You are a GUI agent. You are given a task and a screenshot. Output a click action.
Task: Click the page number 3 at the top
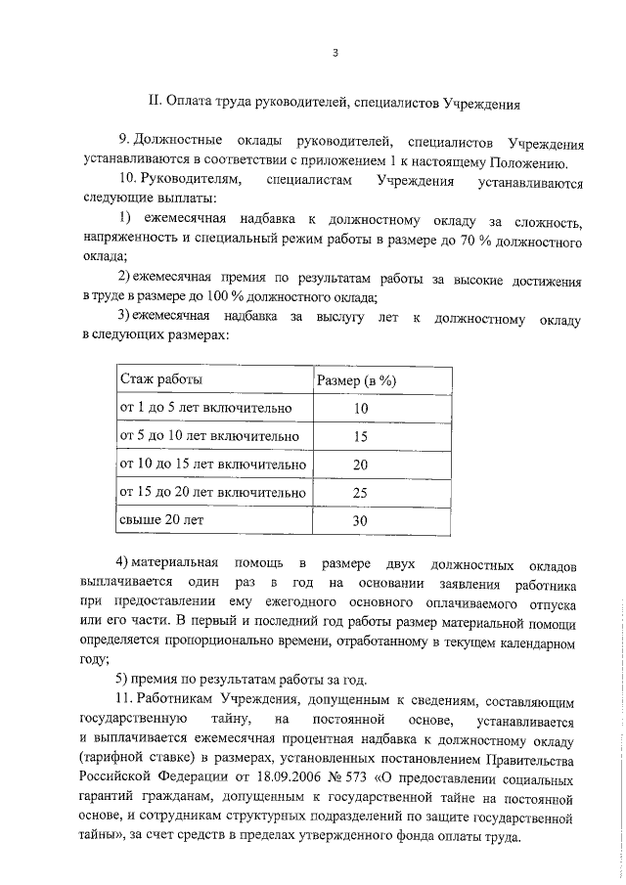[x=334, y=54]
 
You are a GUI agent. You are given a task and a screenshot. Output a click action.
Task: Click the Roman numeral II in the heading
[x=153, y=101]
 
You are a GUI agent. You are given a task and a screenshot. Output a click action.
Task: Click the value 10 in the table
[x=360, y=409]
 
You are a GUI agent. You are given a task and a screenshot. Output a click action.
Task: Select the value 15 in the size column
[x=360, y=437]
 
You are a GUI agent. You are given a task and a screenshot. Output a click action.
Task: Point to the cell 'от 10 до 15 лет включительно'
[x=212, y=465]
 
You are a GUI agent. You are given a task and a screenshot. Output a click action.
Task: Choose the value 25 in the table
[x=360, y=493]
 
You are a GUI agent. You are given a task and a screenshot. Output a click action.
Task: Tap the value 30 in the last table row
[x=360, y=521]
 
